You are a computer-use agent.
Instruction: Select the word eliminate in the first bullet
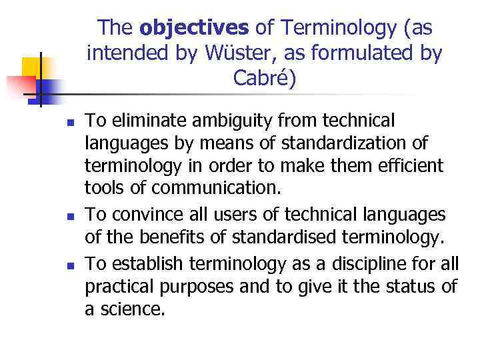[146, 121]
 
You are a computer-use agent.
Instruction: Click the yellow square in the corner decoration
[31, 67]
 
